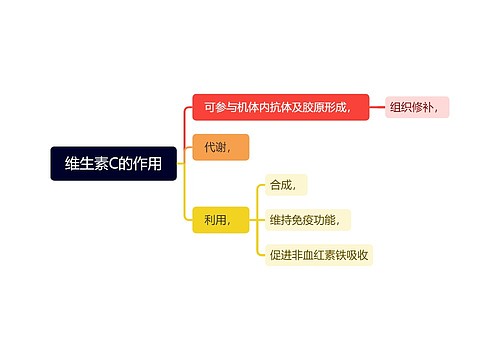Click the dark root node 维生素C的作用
coord(113,163)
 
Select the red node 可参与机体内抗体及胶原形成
coord(280,107)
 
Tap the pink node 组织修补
coord(417,107)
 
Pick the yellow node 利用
coord(219,219)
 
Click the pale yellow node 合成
coord(285,184)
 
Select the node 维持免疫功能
coord(308,219)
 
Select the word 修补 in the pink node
coord(428,107)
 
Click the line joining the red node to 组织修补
coord(377,107)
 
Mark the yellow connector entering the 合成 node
coord(258,184)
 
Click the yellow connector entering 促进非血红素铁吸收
coord(258,255)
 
